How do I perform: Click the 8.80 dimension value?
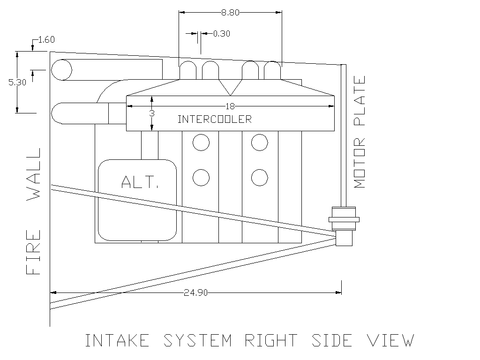[230, 13]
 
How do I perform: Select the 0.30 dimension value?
[222, 34]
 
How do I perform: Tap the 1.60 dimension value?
[46, 40]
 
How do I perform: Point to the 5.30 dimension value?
[17, 82]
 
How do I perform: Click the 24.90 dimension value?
[195, 293]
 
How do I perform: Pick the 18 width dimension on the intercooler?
[230, 106]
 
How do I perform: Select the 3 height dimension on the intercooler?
[152, 113]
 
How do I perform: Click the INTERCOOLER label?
[215, 119]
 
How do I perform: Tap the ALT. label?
[140, 182]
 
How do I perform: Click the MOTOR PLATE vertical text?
[360, 132]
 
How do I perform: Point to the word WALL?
[34, 174]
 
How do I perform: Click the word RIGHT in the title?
[271, 340]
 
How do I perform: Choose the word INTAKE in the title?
[117, 340]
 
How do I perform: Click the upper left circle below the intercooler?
[201, 142]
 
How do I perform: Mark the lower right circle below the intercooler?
[260, 178]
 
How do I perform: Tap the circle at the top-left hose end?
[61, 70]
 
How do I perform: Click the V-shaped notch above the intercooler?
[230, 88]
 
